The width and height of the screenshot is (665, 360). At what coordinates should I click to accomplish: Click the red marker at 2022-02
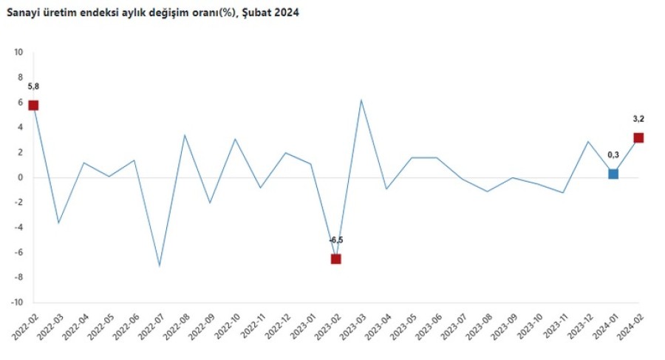click(33, 105)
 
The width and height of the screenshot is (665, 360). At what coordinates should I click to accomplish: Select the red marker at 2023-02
click(336, 259)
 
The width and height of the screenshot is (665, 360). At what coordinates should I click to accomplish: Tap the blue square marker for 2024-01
click(613, 174)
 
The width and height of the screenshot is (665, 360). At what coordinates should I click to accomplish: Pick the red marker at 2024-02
click(638, 137)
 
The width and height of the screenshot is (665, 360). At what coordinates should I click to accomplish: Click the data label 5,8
click(33, 86)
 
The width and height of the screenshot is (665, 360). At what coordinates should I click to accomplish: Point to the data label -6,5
click(336, 240)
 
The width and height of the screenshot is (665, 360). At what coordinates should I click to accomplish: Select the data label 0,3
click(613, 154)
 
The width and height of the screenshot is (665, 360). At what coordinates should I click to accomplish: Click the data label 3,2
click(638, 118)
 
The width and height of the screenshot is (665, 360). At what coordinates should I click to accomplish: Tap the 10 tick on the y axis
click(18, 52)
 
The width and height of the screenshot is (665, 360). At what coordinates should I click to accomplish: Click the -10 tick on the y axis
click(17, 302)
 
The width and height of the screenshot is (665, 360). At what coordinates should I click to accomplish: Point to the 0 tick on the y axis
click(21, 177)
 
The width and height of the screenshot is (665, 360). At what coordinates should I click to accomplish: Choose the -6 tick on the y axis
click(19, 252)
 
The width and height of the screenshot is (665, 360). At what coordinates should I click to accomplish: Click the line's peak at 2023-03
click(361, 100)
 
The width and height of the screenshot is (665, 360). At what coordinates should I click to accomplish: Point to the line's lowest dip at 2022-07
click(160, 266)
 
